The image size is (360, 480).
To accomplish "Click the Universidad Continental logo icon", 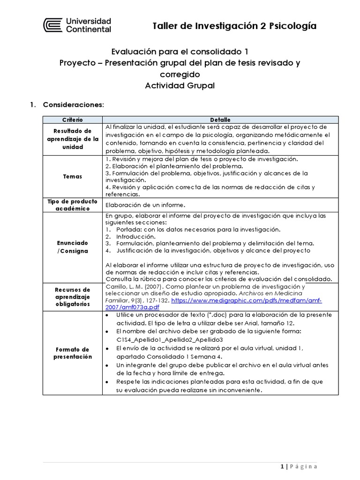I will pyautogui.click(x=52, y=25).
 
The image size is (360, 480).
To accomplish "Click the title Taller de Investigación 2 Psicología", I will pyautogui.click(x=234, y=26).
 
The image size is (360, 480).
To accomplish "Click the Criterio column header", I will pyautogui.click(x=72, y=120).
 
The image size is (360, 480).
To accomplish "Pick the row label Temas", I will pyautogui.click(x=72, y=177).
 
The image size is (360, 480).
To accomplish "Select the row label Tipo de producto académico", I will pyautogui.click(x=72, y=205).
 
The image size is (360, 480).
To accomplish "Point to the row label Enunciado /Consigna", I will pyautogui.click(x=72, y=247).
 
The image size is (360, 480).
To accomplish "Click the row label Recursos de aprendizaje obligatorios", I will pyautogui.click(x=72, y=297).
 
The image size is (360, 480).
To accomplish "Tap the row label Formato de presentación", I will pyautogui.click(x=72, y=353).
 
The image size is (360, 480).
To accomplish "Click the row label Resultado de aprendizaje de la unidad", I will pyautogui.click(x=72, y=139).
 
